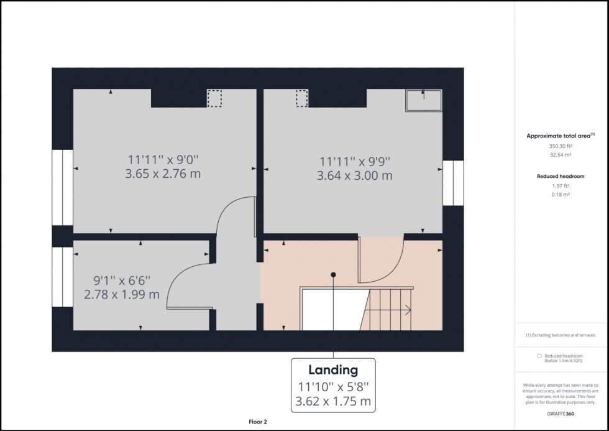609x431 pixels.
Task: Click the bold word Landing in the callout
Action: tap(333, 369)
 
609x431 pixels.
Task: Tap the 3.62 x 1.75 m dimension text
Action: tap(333, 401)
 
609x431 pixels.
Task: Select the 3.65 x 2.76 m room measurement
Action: tap(163, 174)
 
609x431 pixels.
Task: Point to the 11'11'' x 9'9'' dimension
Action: tap(355, 161)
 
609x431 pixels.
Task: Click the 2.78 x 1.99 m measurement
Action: tap(122, 294)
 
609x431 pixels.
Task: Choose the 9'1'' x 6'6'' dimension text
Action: tap(122, 280)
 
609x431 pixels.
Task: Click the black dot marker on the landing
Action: tap(333, 275)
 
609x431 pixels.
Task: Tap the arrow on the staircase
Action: tap(388, 310)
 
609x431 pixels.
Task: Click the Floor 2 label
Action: tap(258, 422)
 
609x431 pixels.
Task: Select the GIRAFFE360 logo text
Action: tap(561, 414)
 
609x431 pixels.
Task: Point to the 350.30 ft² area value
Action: tap(561, 147)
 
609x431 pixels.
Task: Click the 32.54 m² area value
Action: tap(561, 155)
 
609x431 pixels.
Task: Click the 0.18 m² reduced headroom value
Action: tap(561, 195)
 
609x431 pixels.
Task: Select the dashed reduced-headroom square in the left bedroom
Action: tap(214, 98)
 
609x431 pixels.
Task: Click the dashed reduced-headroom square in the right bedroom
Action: tap(302, 98)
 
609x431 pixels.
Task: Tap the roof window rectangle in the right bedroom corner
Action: tap(424, 101)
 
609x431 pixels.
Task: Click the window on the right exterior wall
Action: tap(453, 183)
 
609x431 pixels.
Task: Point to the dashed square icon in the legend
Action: tap(539, 356)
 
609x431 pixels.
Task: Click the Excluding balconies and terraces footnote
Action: tap(561, 335)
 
